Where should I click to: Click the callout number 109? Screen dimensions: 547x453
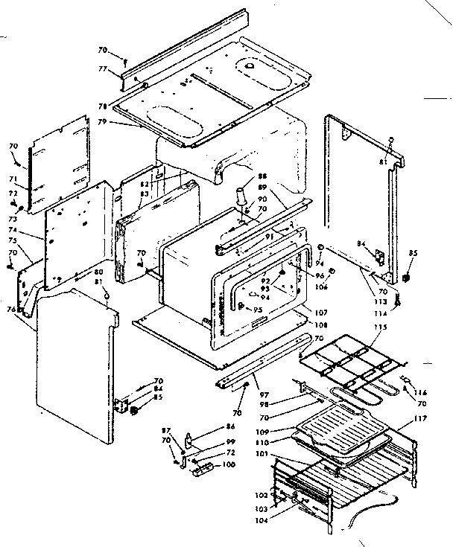point(284,431)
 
